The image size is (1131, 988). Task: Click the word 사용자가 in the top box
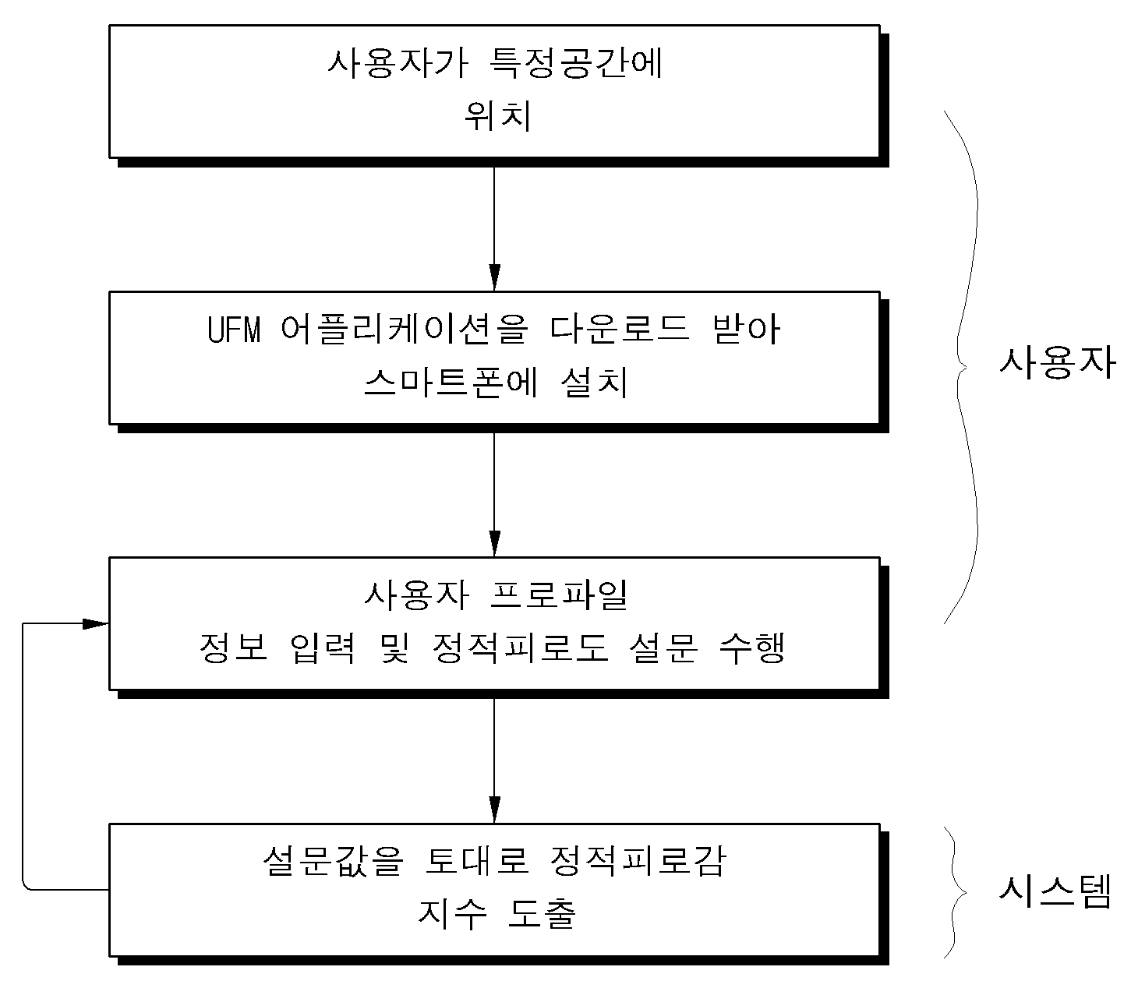[398, 64]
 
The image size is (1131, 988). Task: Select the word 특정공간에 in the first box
[576, 64]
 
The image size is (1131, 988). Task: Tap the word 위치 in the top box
[497, 116]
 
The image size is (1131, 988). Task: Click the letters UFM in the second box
[234, 330]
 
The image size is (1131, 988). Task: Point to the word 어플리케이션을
[405, 330]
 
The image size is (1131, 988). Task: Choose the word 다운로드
[619, 330]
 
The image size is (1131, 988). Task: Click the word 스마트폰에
[451, 383]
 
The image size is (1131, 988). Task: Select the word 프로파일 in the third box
[559, 595]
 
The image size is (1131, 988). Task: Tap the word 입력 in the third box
[322, 647]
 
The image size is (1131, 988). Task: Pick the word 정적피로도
[520, 647]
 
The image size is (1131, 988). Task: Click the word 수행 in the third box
[751, 647]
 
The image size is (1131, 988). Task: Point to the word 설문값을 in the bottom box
[334, 861]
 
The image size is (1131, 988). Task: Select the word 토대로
[477, 861]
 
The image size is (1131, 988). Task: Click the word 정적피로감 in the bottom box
[638, 861]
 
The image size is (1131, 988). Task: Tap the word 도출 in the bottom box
[542, 914]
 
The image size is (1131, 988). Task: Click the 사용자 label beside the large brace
[1058, 363]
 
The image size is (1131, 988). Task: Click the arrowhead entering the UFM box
[495, 278]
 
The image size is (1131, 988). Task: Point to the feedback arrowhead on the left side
[95, 624]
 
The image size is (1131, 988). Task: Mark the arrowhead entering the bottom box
[495, 810]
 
